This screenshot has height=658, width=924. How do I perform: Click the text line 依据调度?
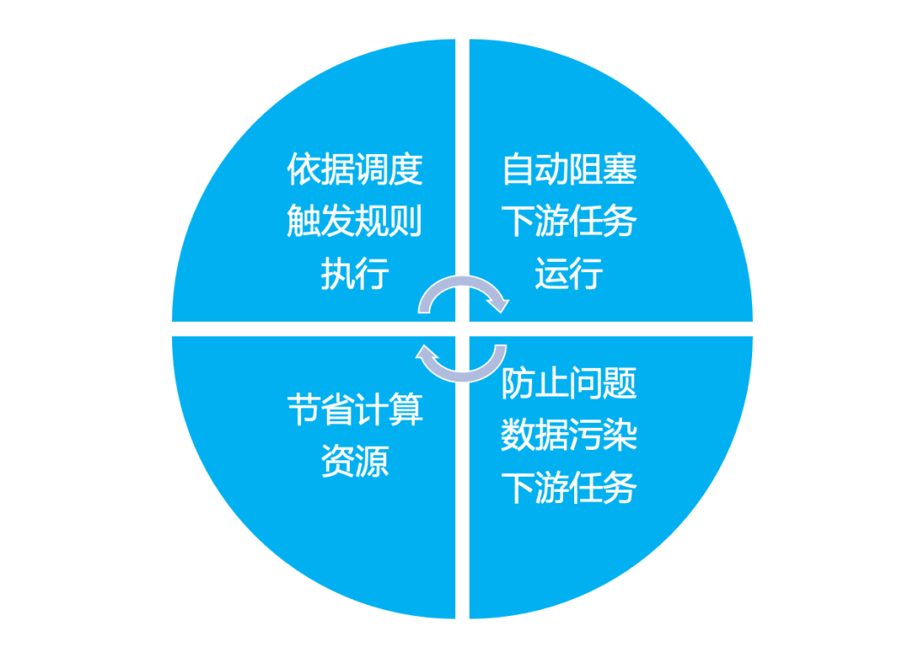[x=355, y=169]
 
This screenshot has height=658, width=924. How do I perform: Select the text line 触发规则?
[x=355, y=222]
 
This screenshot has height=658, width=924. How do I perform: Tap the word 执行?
[x=355, y=275]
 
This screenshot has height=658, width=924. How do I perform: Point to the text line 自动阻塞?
[x=569, y=169]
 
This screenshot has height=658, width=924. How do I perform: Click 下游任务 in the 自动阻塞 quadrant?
[x=569, y=222]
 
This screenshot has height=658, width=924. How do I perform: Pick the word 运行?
[x=569, y=275]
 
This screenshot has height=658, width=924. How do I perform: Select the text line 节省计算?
[x=355, y=410]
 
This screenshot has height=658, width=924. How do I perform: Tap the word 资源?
[x=355, y=462]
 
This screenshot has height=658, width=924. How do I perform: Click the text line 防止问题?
[x=569, y=383]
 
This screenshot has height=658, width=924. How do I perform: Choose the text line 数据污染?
[x=569, y=436]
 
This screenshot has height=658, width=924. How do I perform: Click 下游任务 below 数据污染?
[x=569, y=489]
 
